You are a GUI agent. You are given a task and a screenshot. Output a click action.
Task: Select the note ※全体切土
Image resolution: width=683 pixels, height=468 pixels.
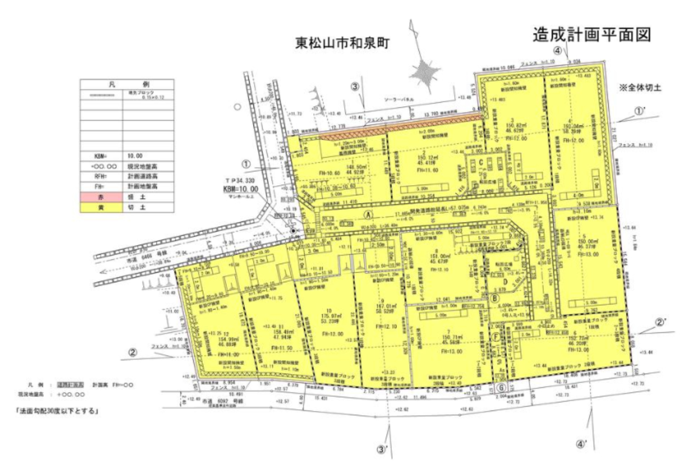tap(640, 88)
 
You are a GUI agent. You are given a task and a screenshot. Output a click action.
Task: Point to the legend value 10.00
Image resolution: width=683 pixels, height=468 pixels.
tap(135, 156)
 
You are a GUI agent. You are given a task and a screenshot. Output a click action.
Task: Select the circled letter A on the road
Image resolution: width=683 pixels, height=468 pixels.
tap(367, 214)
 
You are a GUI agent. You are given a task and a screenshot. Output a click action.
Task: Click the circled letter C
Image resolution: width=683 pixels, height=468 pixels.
tap(480, 162)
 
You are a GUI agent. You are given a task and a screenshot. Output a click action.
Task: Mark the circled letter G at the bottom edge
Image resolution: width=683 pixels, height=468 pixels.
tap(501, 387)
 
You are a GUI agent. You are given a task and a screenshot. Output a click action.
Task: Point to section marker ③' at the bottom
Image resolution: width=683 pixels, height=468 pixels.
tap(382, 450)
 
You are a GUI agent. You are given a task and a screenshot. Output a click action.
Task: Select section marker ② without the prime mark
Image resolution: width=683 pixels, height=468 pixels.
tap(132, 352)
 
